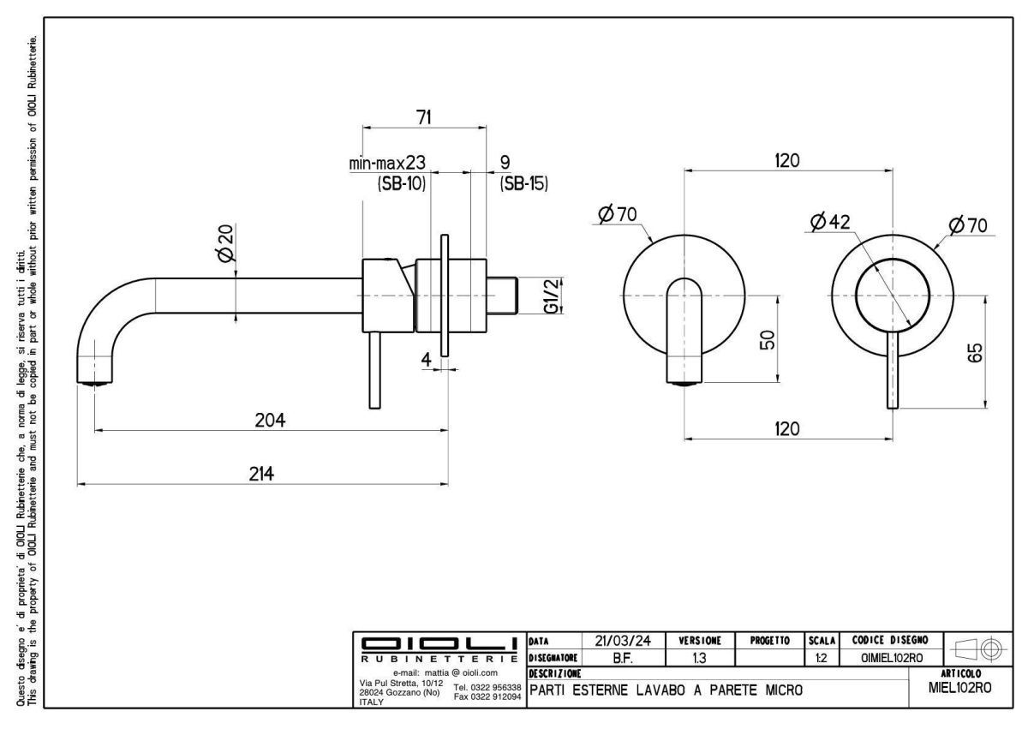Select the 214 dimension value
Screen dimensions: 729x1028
(x=261, y=475)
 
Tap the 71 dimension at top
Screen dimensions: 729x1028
(x=423, y=118)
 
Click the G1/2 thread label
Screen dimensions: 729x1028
(x=552, y=296)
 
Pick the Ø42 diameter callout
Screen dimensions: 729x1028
(x=829, y=222)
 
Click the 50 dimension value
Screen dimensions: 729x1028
(x=768, y=340)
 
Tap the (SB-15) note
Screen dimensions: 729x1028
(x=523, y=183)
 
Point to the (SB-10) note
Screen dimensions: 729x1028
(x=402, y=183)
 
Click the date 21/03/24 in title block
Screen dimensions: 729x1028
(x=621, y=640)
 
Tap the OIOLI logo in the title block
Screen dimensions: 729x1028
(x=439, y=643)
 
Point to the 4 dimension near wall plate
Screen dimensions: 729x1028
(x=427, y=359)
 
